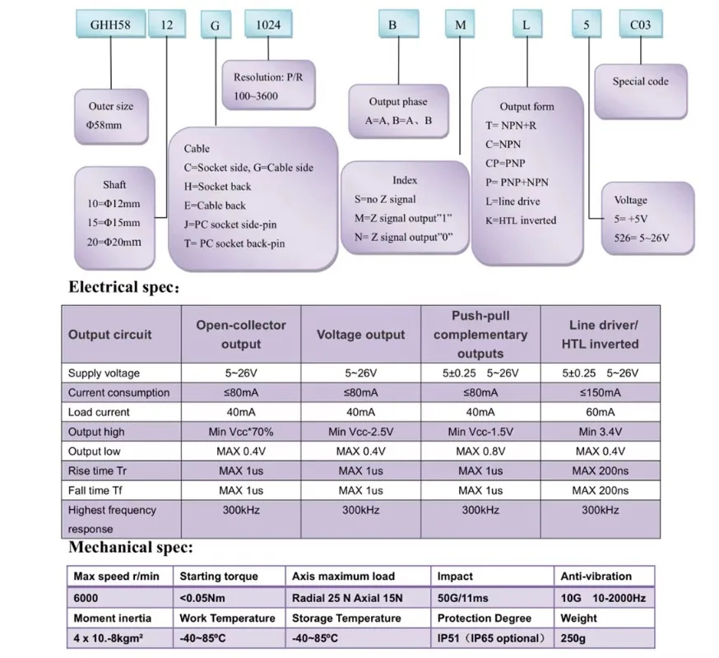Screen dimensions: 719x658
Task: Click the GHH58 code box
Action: coord(110,25)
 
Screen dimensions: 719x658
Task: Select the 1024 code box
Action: coord(268,25)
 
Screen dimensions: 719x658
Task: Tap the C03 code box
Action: coord(641,25)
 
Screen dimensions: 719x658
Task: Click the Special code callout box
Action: coord(641,91)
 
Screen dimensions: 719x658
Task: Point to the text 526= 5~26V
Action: coord(642,238)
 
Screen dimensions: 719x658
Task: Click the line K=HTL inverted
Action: coord(521,220)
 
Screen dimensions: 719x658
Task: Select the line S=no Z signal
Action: coord(385,200)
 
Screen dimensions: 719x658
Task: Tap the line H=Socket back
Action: coord(217,187)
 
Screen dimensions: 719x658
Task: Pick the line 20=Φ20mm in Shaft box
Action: coord(114,242)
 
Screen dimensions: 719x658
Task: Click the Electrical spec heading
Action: coord(123,287)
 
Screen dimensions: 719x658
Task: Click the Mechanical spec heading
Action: coord(131,547)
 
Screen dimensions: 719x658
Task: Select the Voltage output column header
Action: coord(361,335)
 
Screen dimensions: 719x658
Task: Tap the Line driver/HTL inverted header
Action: coord(601,335)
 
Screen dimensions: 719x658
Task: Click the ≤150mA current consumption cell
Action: coord(601,392)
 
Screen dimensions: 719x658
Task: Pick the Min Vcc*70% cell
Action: coord(241,432)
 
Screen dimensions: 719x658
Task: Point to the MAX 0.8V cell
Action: coord(480,452)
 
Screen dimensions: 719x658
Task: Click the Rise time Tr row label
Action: coord(97,471)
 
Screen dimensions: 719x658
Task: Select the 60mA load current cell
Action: coord(601,412)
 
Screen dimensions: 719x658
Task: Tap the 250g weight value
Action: coord(573,638)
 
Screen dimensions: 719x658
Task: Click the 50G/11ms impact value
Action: coord(462,598)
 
